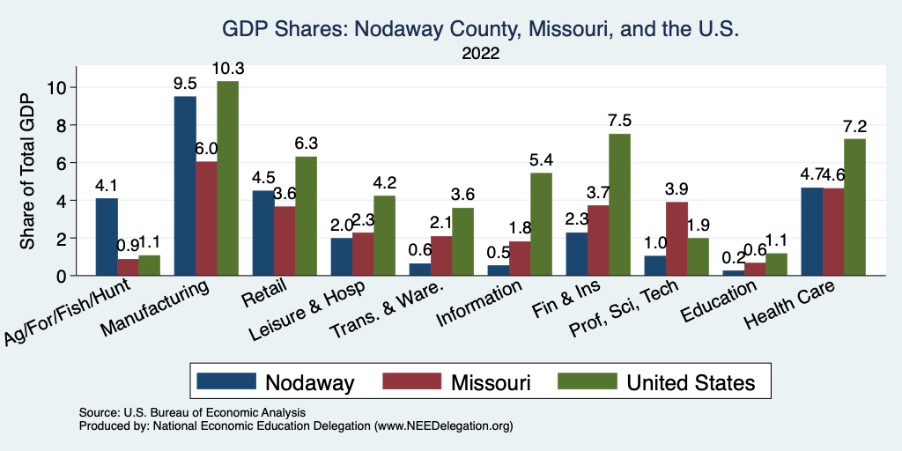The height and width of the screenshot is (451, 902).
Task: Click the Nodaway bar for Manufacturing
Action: point(185,186)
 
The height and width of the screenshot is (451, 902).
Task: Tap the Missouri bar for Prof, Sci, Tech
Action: point(677,239)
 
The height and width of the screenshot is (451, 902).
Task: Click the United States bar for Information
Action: point(541,224)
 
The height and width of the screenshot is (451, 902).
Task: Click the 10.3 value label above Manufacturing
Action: point(227,68)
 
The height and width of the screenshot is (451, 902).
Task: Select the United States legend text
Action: point(691,382)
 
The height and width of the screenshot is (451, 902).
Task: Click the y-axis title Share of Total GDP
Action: point(28,172)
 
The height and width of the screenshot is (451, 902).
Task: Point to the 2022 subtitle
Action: point(480,54)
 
